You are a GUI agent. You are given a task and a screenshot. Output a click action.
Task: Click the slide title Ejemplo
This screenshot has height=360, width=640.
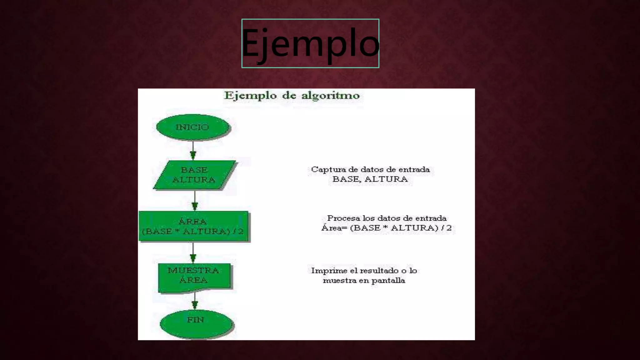point(310,43)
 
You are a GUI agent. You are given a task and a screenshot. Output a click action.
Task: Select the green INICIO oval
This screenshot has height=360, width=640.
point(192,127)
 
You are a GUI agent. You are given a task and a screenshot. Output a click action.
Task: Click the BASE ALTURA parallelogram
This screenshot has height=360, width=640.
point(194,175)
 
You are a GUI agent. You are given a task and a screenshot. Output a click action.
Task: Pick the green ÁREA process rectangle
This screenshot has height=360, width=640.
point(193,226)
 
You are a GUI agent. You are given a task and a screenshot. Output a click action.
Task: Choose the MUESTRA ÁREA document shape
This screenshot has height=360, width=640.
point(194,277)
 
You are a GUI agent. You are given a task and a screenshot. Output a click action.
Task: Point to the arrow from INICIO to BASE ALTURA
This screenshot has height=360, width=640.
point(193,150)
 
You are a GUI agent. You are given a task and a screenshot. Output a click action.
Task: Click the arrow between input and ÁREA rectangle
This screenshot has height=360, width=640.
point(195,201)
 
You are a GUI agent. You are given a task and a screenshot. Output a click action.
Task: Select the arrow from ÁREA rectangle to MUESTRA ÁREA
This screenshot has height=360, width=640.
point(193,252)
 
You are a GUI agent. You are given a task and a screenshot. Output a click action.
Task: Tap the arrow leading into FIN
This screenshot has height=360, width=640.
point(195,301)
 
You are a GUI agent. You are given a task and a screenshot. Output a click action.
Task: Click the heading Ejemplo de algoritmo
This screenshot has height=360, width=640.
point(292,95)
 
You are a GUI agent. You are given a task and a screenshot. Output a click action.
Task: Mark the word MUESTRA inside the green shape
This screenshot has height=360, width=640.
point(193,270)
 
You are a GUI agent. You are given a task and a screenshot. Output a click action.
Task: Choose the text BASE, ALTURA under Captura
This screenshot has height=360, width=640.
point(370,179)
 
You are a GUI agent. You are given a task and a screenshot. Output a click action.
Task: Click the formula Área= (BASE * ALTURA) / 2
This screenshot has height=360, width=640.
point(387,228)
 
